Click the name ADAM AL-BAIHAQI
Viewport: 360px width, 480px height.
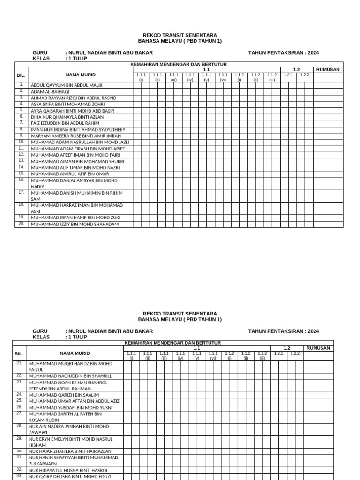[50, 92]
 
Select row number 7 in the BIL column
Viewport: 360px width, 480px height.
[21, 123]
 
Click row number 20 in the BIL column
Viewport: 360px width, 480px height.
[21, 224]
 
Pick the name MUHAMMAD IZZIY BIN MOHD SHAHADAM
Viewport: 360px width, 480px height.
[75, 224]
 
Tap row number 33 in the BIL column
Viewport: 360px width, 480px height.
[20, 476]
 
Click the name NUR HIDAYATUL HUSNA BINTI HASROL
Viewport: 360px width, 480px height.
[69, 470]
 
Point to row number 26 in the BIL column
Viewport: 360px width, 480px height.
[20, 407]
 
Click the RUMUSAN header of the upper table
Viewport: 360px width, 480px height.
[328, 70]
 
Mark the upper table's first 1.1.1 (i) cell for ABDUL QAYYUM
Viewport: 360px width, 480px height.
[141, 85]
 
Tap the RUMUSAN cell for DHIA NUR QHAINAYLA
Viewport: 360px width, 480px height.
[328, 117]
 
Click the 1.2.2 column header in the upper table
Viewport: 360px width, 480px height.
[305, 75]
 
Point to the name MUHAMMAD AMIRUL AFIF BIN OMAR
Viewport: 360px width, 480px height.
[70, 174]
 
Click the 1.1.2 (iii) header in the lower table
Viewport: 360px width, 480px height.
[262, 356]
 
